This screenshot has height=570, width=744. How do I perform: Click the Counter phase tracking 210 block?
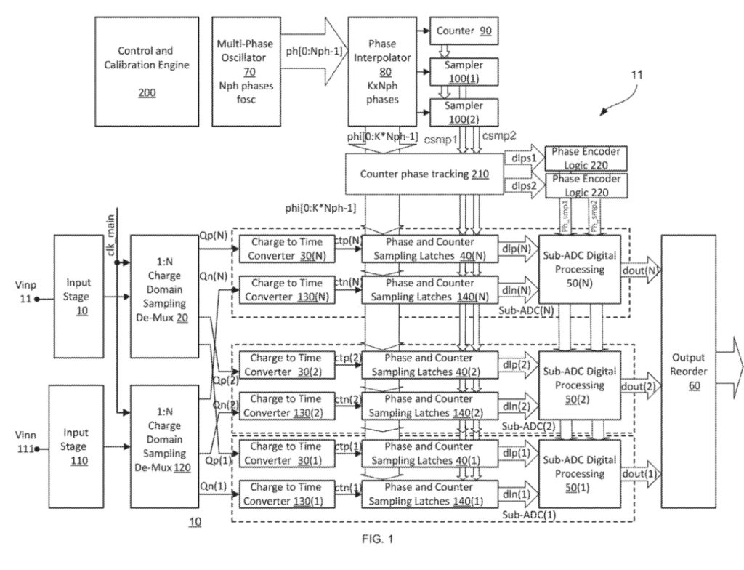[x=424, y=174]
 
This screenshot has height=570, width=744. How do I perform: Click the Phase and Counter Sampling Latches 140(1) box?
[x=430, y=493]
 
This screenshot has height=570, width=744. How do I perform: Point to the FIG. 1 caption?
[x=375, y=539]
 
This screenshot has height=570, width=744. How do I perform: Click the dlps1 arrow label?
[x=522, y=157]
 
